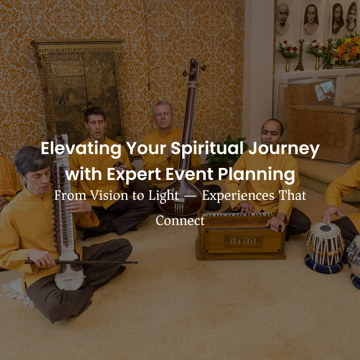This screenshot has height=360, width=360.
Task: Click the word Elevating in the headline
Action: click(x=81, y=149)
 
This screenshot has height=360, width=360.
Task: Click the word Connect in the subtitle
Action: click(x=180, y=221)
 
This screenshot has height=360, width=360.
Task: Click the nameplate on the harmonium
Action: click(x=243, y=241)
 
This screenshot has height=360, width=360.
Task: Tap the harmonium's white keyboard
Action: click(x=238, y=215)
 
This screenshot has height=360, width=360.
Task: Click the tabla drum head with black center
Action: click(x=325, y=229)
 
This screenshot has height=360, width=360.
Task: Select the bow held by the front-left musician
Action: click(x=81, y=262)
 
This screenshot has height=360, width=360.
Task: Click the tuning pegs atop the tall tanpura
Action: click(x=194, y=68)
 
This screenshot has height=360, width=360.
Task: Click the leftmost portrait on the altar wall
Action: click(x=283, y=19)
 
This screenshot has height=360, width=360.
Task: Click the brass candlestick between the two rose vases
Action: click(x=300, y=55)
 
